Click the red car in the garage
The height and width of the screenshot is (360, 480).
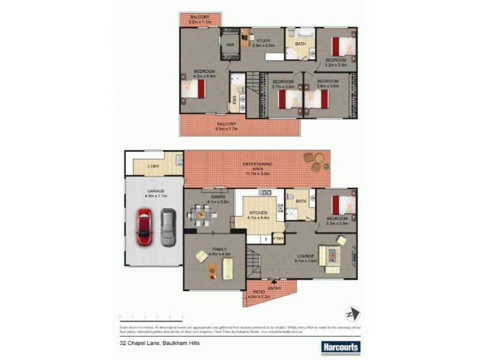[x=144, y=226]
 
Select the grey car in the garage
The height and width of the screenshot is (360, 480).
[x=168, y=226]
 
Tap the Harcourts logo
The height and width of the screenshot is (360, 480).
[x=340, y=346]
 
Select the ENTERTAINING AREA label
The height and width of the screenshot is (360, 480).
[x=257, y=164]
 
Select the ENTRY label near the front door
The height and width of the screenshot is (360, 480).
[x=274, y=288]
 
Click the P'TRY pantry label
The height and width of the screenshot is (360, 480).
[x=278, y=239]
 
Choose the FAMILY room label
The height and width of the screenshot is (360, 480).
[x=215, y=250]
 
